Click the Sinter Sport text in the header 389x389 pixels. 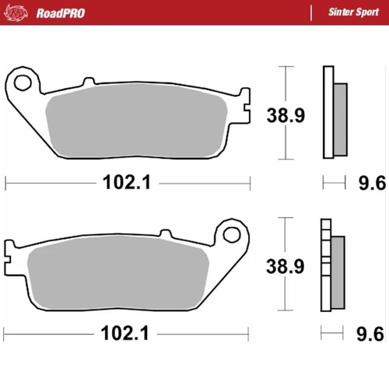349,13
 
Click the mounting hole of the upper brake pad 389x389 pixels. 23,81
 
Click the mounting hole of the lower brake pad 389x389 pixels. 230,233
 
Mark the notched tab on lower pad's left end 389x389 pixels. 10,253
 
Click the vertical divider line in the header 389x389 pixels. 310,13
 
